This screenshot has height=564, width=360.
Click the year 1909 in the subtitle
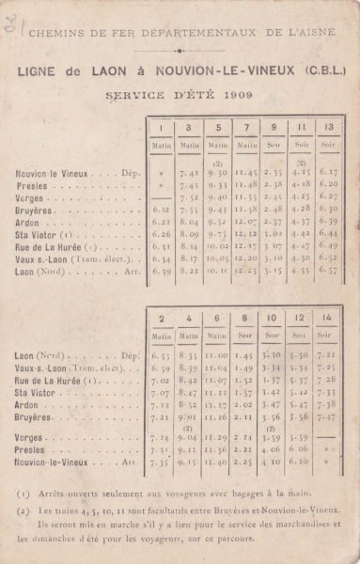click(x=239, y=95)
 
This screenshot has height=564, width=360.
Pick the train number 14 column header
click(x=328, y=319)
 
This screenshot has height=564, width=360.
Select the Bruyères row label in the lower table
click(x=35, y=415)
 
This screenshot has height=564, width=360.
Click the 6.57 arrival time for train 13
click(x=328, y=270)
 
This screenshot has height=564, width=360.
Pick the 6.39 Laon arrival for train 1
click(x=161, y=270)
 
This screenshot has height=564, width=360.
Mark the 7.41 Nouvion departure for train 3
click(x=190, y=173)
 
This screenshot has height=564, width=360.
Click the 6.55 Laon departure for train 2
click(x=161, y=356)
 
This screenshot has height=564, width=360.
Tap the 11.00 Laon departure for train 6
click(x=217, y=356)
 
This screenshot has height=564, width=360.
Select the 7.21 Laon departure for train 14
click(x=328, y=356)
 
